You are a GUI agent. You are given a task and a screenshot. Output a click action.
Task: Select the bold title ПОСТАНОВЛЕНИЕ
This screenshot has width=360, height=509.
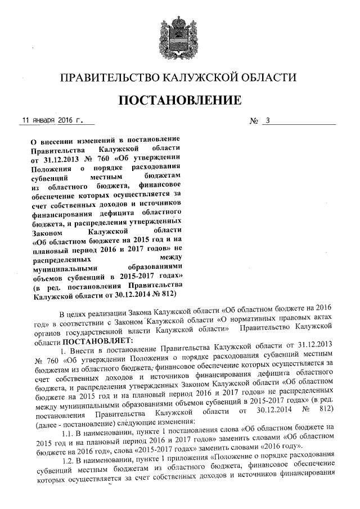tap(179, 101)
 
